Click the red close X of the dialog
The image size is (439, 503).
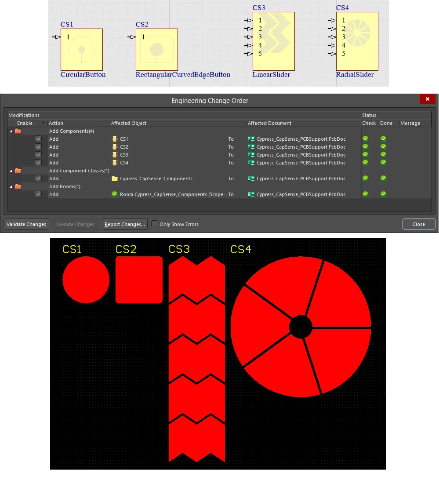pos(427,99)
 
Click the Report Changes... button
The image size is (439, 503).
pos(125,224)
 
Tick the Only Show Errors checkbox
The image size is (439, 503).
pos(155,224)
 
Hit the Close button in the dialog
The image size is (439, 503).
pos(418,224)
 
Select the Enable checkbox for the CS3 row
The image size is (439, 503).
pos(38,155)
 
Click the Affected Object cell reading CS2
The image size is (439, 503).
pos(124,147)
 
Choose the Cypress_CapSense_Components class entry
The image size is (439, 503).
pos(156,179)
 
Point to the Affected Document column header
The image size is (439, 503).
pos(269,123)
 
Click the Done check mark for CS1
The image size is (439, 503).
pos(383,139)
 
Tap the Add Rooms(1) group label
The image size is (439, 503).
pos(65,186)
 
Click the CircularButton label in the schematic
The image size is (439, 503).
pos(83,74)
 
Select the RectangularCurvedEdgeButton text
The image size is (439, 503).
pos(183,74)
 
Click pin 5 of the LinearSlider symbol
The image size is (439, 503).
pos(249,54)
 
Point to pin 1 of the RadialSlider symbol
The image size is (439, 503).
pos(332,20)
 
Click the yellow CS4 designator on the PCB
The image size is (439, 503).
pos(241,249)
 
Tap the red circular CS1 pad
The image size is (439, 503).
pos(86,280)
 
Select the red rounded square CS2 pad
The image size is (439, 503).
pos(139,280)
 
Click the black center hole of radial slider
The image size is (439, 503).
pos(301,327)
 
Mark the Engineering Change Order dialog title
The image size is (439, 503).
pos(210,101)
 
